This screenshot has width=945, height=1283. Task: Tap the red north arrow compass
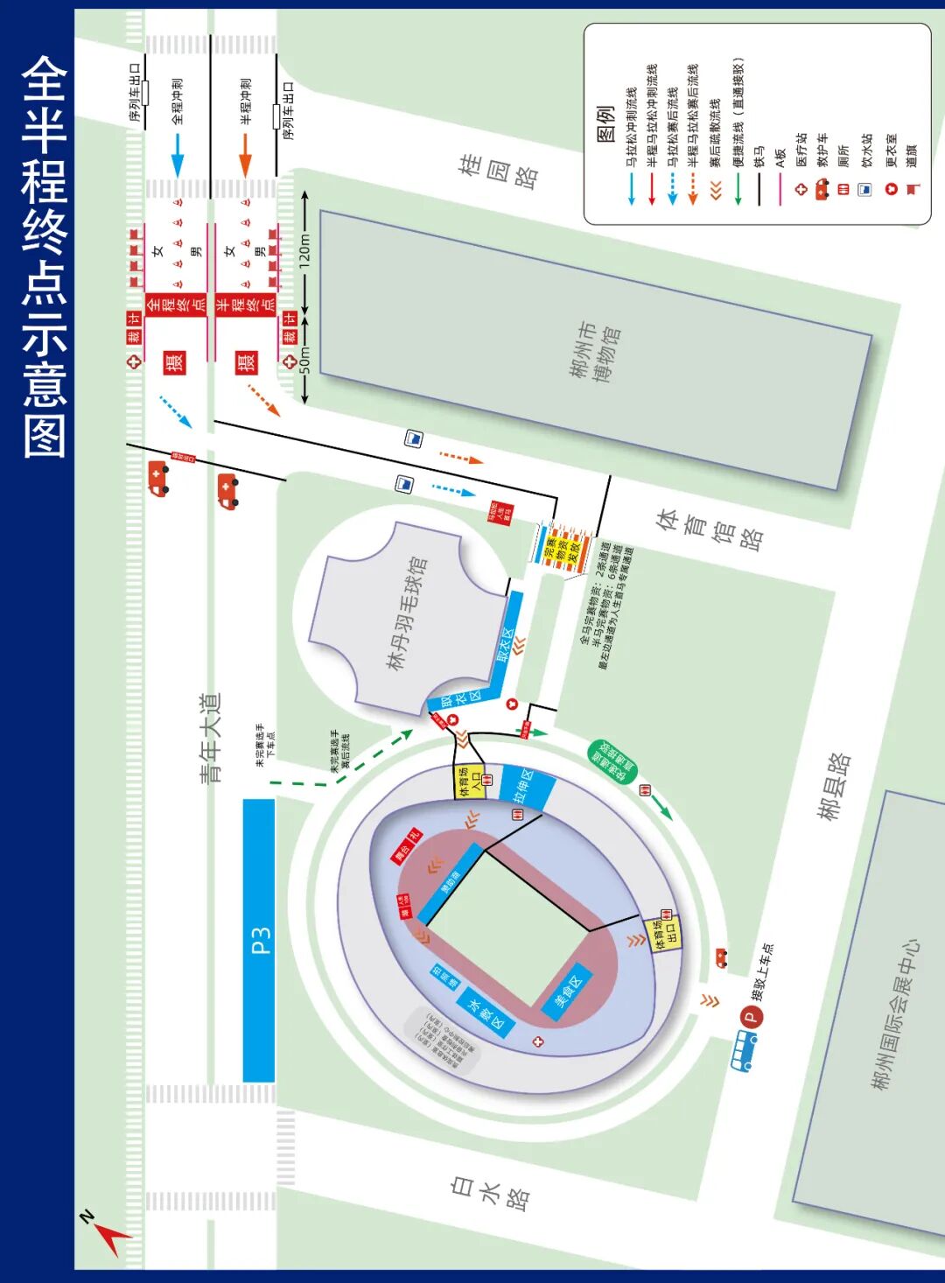click(x=108, y=1233)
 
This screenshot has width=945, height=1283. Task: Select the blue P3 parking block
click(x=259, y=941)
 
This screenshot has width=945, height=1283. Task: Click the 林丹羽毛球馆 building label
click(x=406, y=613)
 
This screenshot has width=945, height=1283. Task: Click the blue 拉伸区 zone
click(x=528, y=787)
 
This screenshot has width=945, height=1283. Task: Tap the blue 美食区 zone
click(x=568, y=990)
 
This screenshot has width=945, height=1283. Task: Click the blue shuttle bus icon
click(x=744, y=1050)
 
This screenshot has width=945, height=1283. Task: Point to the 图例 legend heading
click(x=605, y=123)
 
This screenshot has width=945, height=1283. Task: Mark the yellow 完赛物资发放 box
click(x=563, y=548)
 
